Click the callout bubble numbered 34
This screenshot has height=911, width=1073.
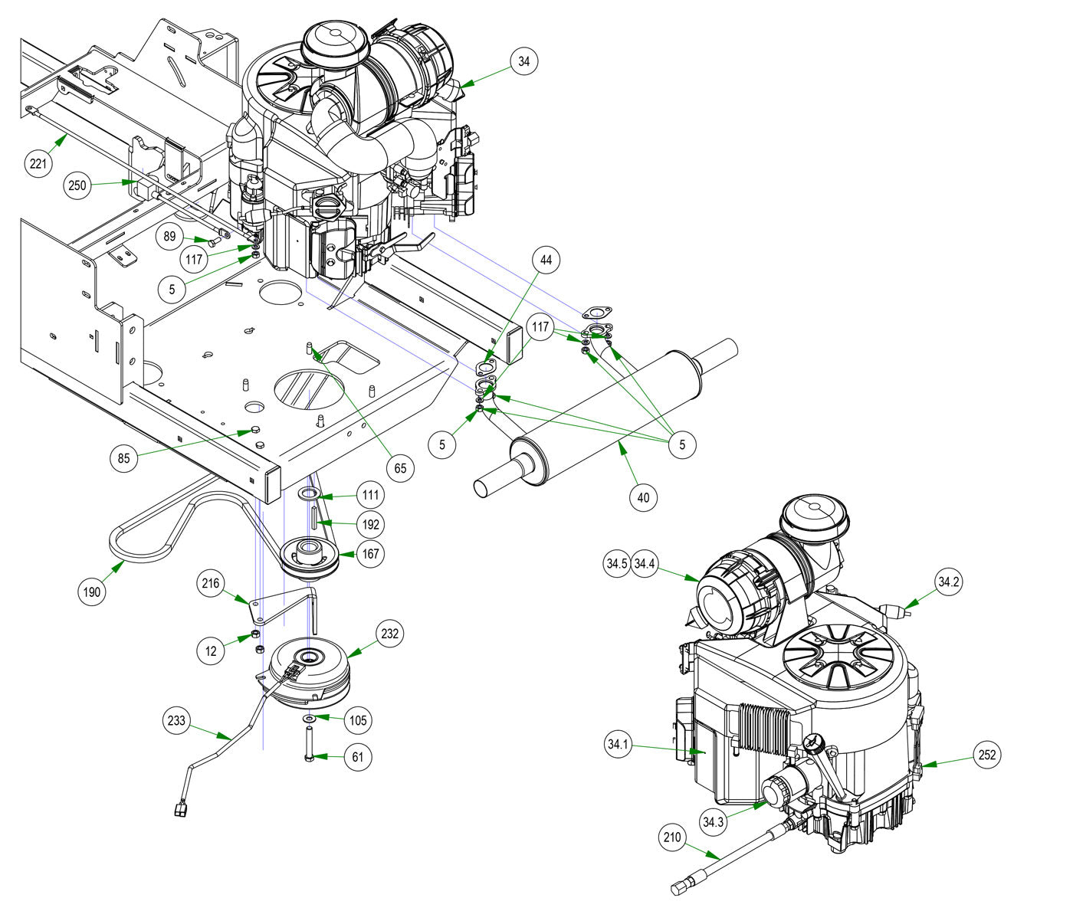523,61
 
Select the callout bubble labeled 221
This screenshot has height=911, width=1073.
37,163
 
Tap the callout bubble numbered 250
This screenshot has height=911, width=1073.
77,185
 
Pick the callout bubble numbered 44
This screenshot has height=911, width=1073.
545,261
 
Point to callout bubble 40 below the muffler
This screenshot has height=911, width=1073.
643,497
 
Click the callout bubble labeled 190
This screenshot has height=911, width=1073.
92,591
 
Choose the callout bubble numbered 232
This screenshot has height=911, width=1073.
390,634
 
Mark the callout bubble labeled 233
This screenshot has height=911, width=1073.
177,721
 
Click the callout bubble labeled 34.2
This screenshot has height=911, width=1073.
948,582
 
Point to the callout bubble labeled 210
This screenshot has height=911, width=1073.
671,837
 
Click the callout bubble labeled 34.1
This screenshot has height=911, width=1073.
617,744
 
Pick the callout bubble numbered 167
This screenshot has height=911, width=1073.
370,554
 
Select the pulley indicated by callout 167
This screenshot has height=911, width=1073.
310,556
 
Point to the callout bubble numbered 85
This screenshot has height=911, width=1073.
124,459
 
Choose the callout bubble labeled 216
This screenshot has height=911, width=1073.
210,584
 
